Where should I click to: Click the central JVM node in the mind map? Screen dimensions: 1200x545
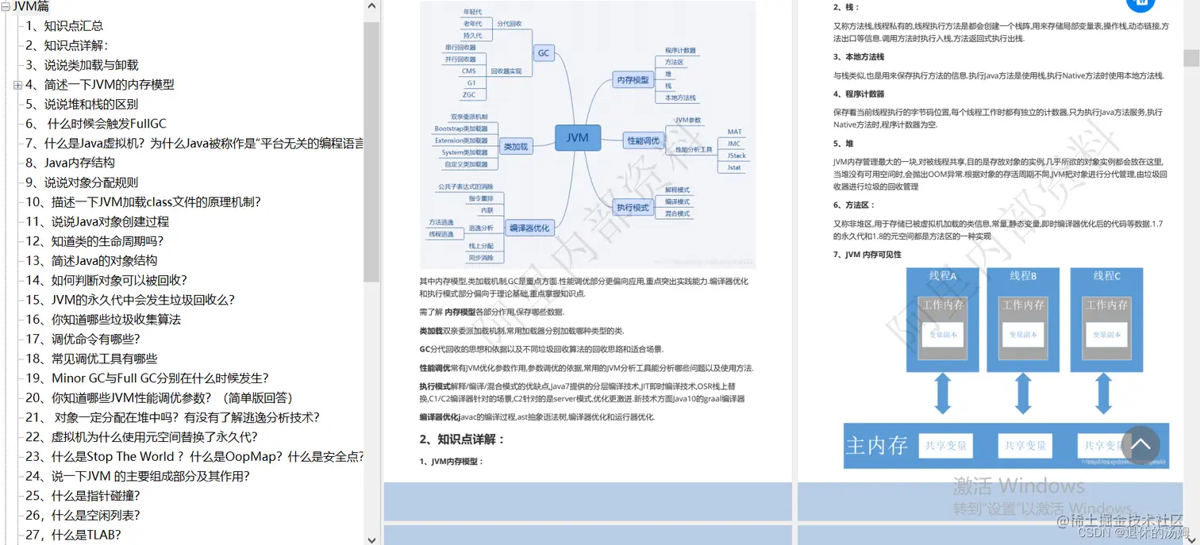578,137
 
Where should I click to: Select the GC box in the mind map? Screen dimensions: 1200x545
544,53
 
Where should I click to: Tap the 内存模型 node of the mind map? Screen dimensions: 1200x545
633,79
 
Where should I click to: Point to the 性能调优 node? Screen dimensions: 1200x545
643,140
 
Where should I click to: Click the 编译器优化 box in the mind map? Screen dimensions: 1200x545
529,228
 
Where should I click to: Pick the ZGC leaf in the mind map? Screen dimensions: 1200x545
469,94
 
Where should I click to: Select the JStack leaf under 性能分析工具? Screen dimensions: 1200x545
736,155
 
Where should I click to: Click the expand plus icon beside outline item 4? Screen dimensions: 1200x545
17,85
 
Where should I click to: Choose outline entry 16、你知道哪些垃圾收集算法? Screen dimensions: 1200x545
103,320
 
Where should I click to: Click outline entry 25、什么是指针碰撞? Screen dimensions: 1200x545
83,496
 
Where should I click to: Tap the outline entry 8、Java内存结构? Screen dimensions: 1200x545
70,163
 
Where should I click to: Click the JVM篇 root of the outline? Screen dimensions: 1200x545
31,7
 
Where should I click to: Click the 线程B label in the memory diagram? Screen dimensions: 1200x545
1023,276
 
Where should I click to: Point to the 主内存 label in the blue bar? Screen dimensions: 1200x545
876,445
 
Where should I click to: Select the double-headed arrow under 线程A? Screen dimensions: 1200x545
942,394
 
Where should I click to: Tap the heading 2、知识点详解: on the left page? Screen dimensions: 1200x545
462,439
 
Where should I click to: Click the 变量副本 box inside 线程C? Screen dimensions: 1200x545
1106,334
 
